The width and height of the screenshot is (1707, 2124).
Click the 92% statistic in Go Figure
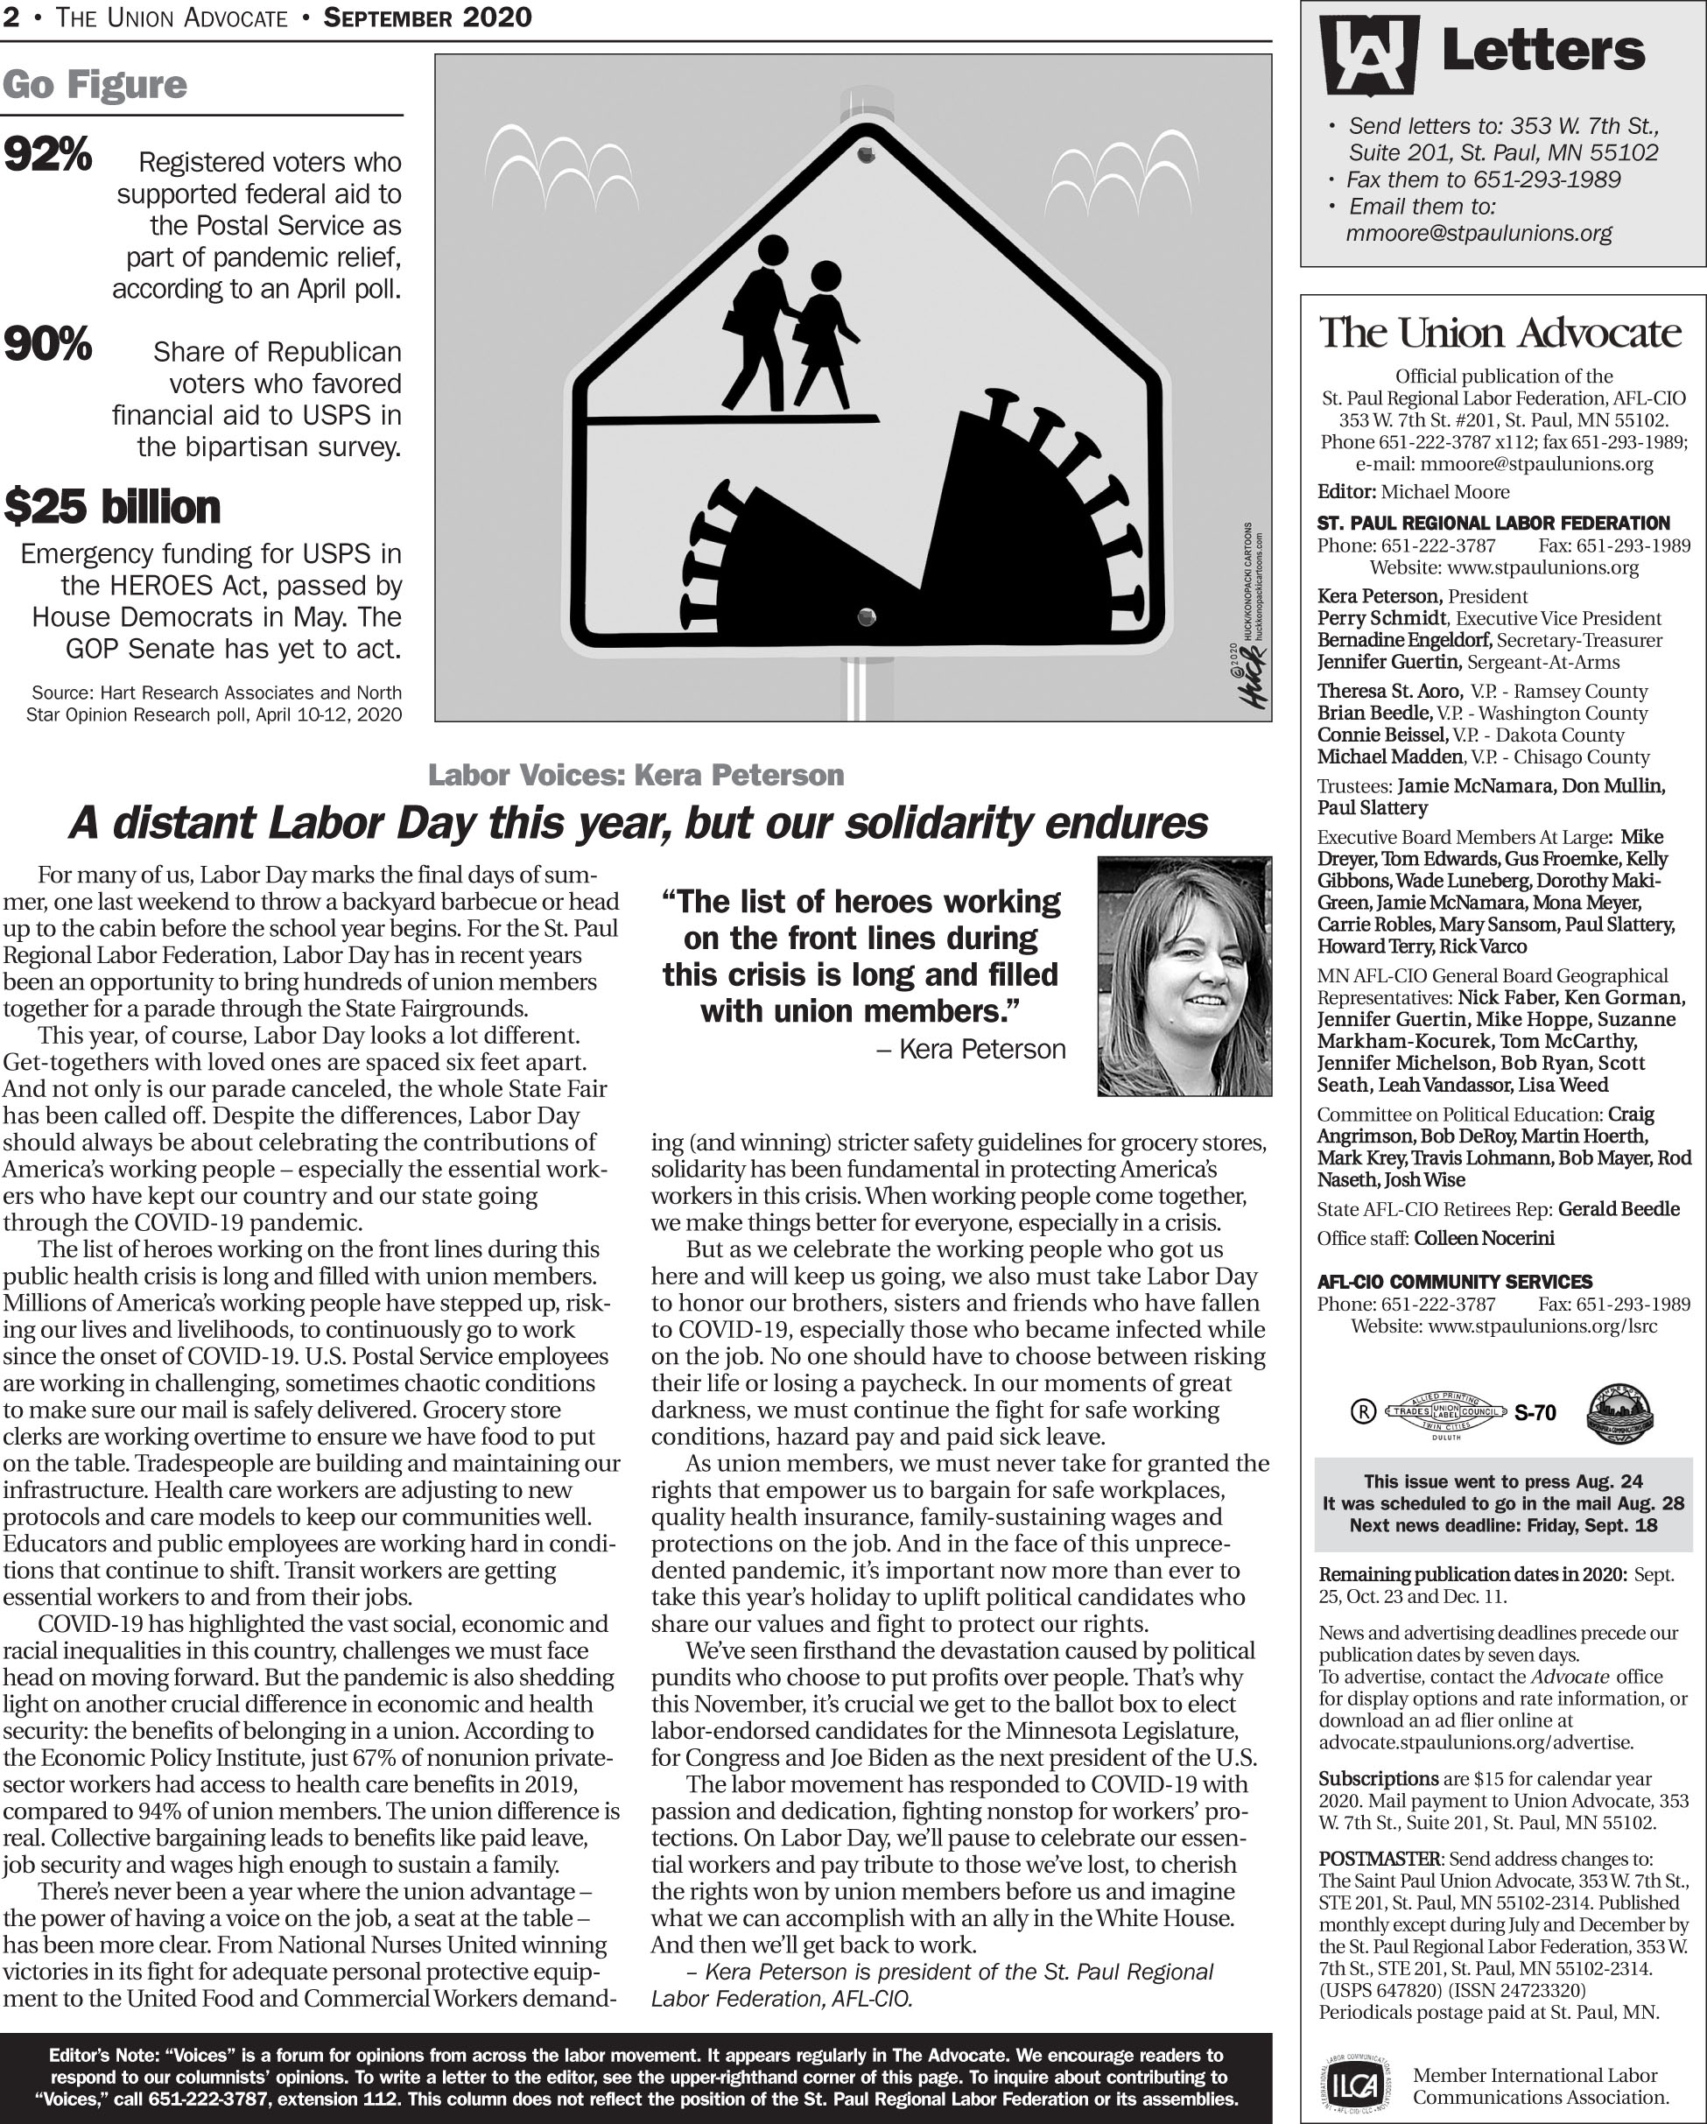coord(47,155)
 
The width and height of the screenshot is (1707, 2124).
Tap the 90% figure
coord(47,345)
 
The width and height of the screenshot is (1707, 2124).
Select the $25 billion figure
coord(112,507)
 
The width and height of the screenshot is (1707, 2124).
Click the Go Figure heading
coord(95,86)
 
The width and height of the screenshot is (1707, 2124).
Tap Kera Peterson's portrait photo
coord(1184,975)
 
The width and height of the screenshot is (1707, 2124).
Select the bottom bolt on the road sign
coord(867,618)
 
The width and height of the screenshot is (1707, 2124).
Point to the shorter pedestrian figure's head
coord(825,275)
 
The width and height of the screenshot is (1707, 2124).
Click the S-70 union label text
coord(1535,1414)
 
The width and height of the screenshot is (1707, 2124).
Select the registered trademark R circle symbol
coord(1362,1411)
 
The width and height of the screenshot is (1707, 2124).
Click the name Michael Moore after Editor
coord(1444,491)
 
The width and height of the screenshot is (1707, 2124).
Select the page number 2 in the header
coord(10,18)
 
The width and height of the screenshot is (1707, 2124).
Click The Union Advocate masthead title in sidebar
coord(1500,333)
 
